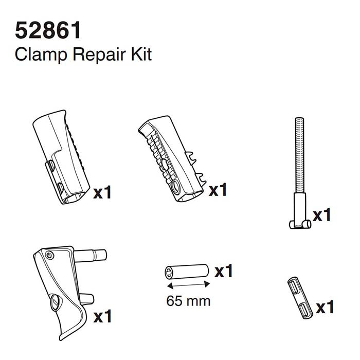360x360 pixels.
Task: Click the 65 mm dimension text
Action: click(188, 300)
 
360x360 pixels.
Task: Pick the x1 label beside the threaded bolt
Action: click(321, 214)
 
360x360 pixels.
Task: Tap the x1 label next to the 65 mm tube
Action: click(224, 271)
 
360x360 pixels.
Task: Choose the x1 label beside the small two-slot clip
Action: click(325, 308)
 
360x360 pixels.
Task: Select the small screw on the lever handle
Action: click(49, 256)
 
